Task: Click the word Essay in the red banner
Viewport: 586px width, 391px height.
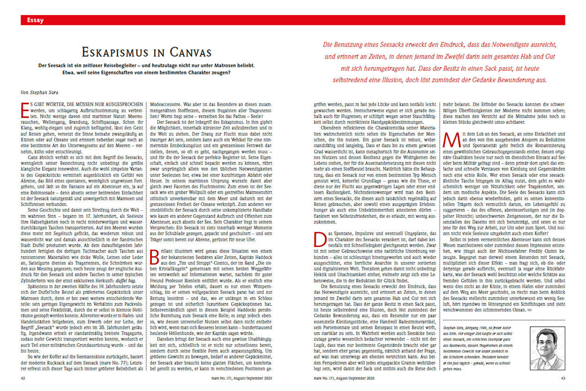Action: pyautogui.click(x=35, y=20)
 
